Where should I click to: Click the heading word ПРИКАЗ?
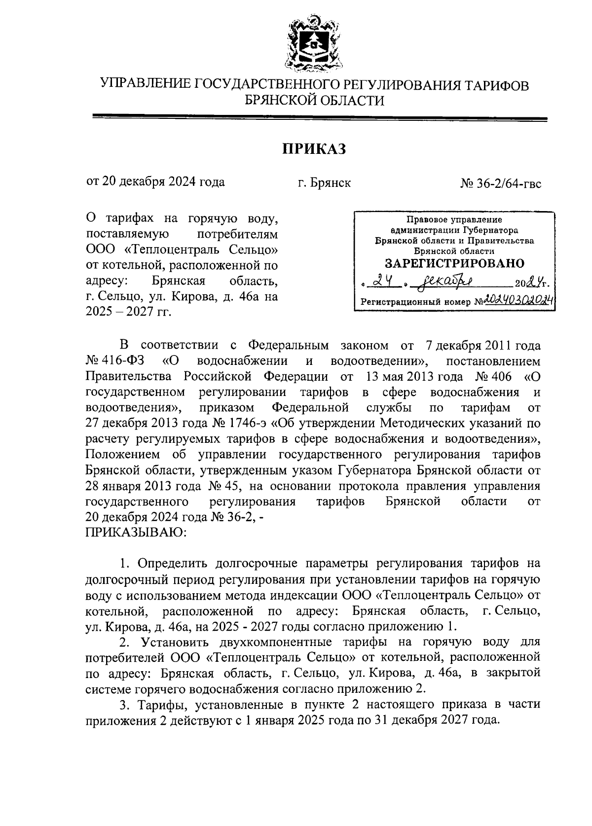314,148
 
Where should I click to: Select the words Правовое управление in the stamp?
454,220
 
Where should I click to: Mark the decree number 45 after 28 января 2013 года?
232,486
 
